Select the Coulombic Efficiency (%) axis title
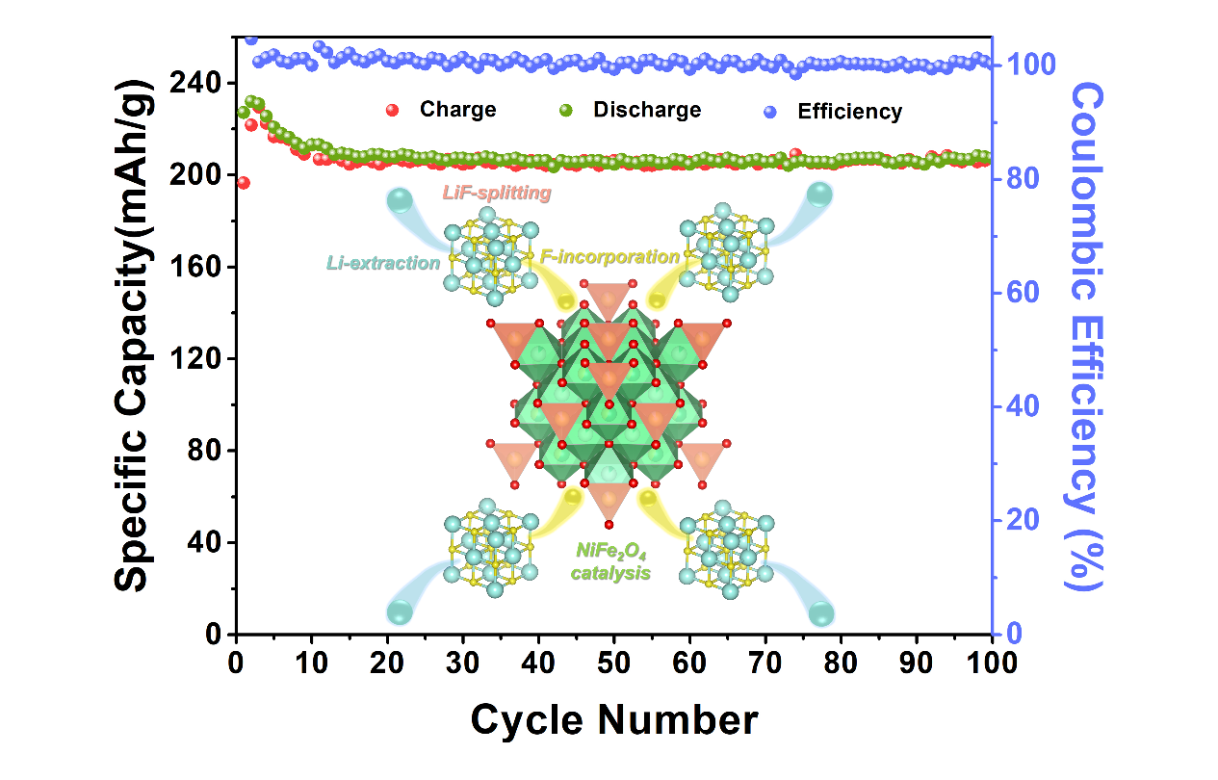point(1086,335)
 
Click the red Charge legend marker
point(391,110)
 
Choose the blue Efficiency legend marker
point(768,111)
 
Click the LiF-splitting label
point(497,194)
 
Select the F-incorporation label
point(609,257)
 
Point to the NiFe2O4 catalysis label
point(610,561)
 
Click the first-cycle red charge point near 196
point(243,183)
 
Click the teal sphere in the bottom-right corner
point(821,613)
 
